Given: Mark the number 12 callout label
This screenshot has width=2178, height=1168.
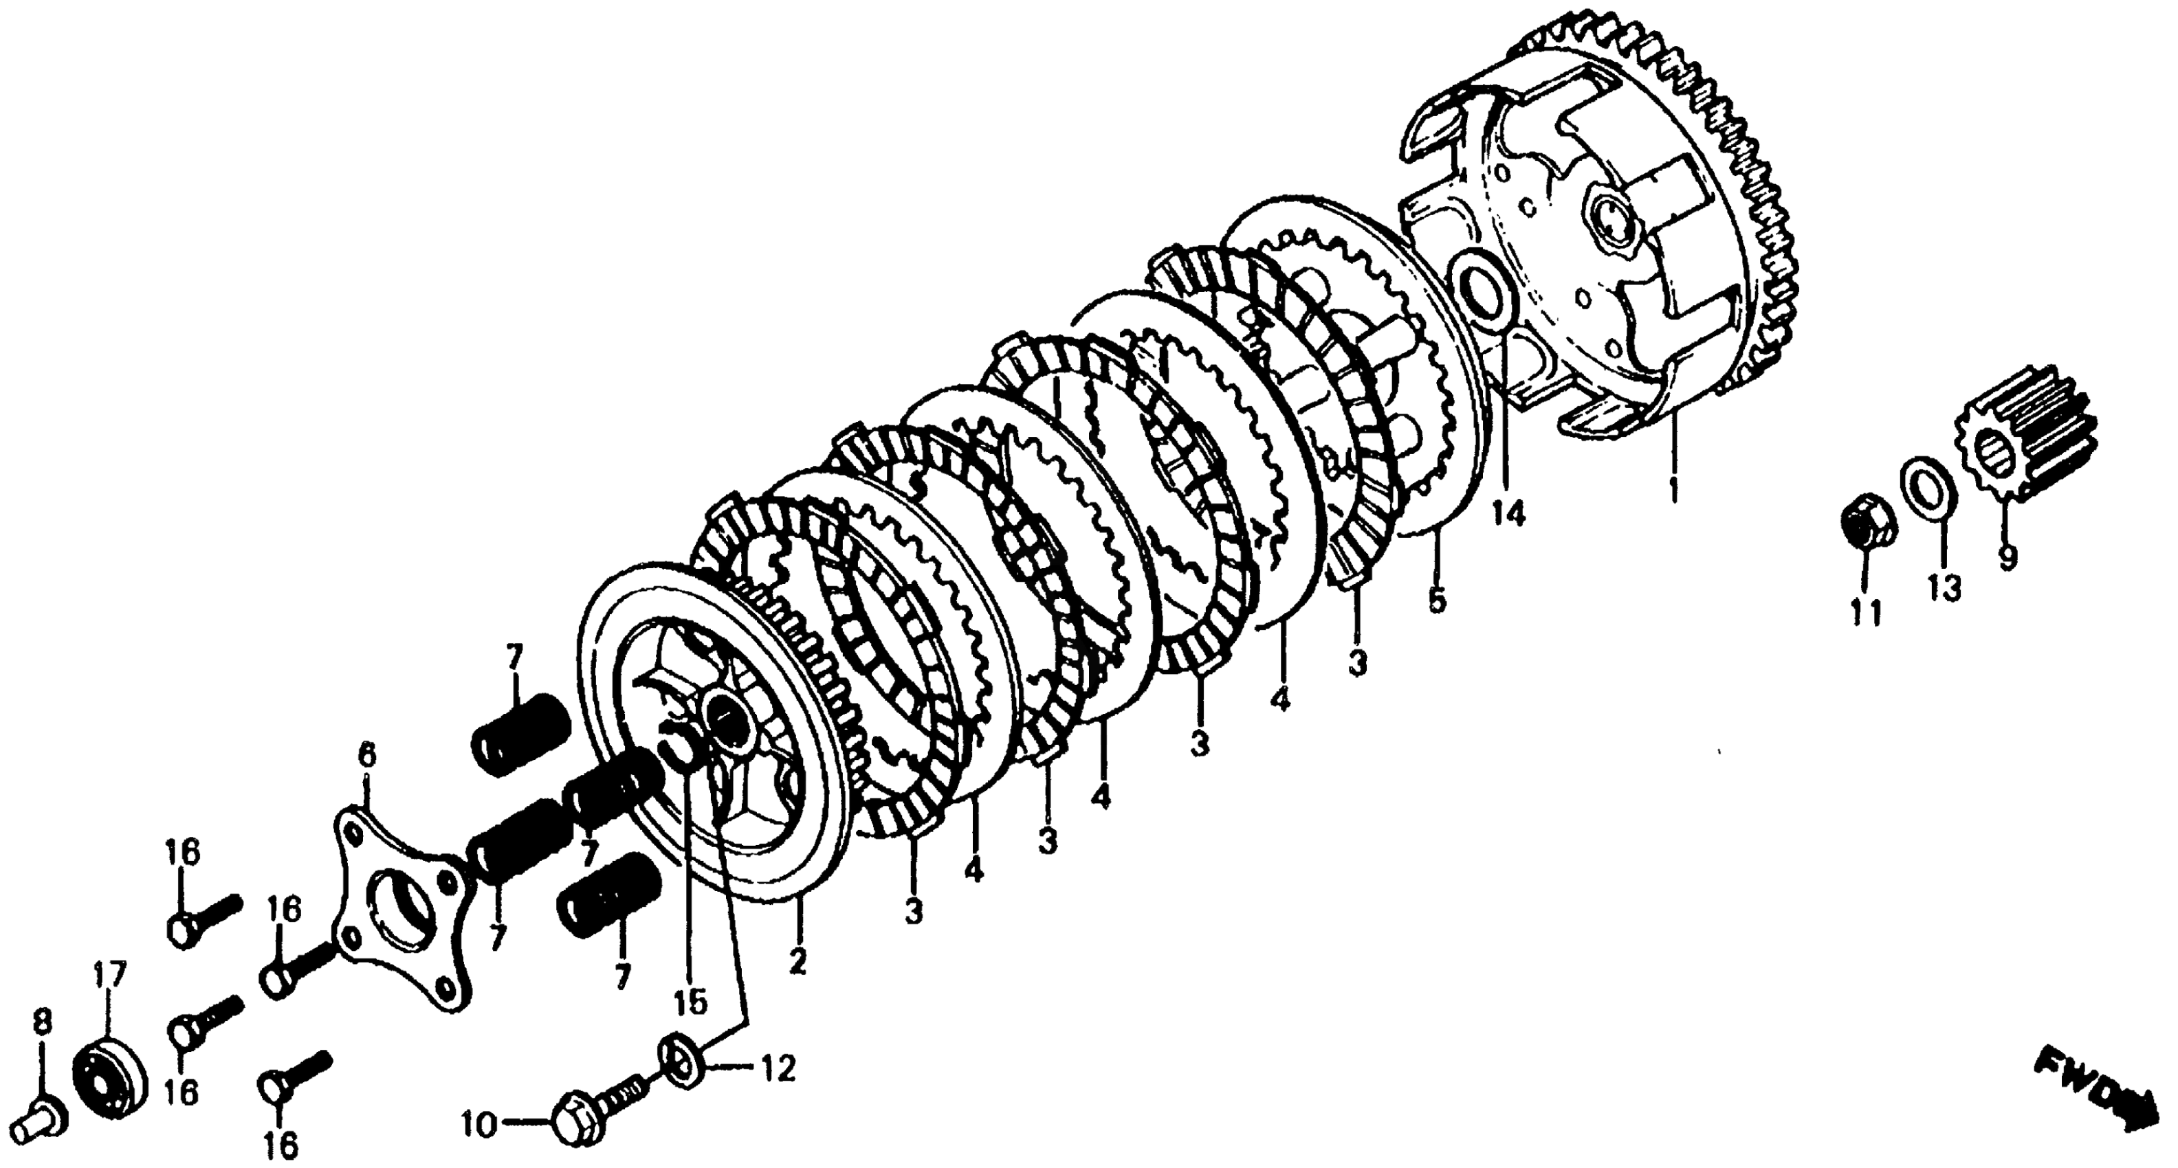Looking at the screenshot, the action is click(778, 1070).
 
